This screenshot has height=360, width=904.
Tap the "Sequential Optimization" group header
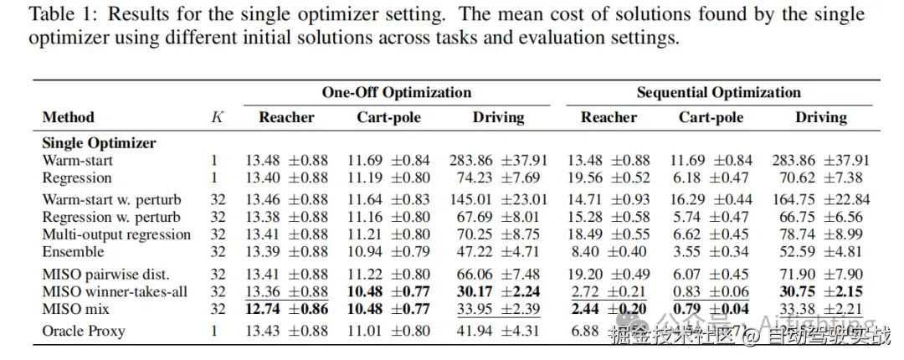[x=718, y=92]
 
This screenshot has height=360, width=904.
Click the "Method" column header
[x=68, y=117]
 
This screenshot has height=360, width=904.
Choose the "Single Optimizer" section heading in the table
[x=99, y=143]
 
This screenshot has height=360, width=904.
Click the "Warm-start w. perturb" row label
[x=111, y=199]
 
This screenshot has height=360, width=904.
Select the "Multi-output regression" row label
[x=116, y=234]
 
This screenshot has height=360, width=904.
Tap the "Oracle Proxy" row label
[x=83, y=331]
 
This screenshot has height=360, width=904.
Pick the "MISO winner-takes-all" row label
[x=114, y=291]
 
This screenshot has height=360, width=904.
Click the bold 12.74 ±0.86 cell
[x=286, y=309]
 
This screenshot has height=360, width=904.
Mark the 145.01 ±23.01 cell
[x=498, y=199]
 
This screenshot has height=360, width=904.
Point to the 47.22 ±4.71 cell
[x=498, y=252]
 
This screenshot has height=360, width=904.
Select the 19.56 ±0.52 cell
[x=609, y=177]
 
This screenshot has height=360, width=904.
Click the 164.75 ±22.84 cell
[x=820, y=199]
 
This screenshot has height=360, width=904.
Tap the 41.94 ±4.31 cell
[x=498, y=331]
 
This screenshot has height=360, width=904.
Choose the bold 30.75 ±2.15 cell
[x=820, y=291]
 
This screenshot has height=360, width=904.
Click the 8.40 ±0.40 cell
[x=609, y=252]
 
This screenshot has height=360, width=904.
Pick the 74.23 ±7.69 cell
[x=498, y=177]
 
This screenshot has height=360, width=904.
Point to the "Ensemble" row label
[x=73, y=252]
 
